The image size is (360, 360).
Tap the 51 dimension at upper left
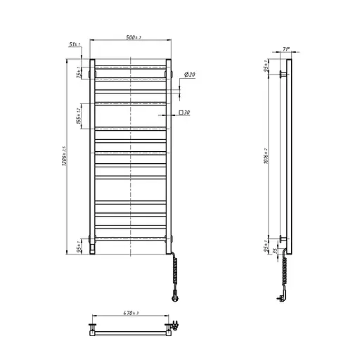pos(75,44)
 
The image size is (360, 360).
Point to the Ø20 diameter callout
pos(189,75)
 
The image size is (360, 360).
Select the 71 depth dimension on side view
pos(285,49)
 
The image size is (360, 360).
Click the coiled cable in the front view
pos(172,270)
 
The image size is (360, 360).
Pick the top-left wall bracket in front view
pos(91,72)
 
